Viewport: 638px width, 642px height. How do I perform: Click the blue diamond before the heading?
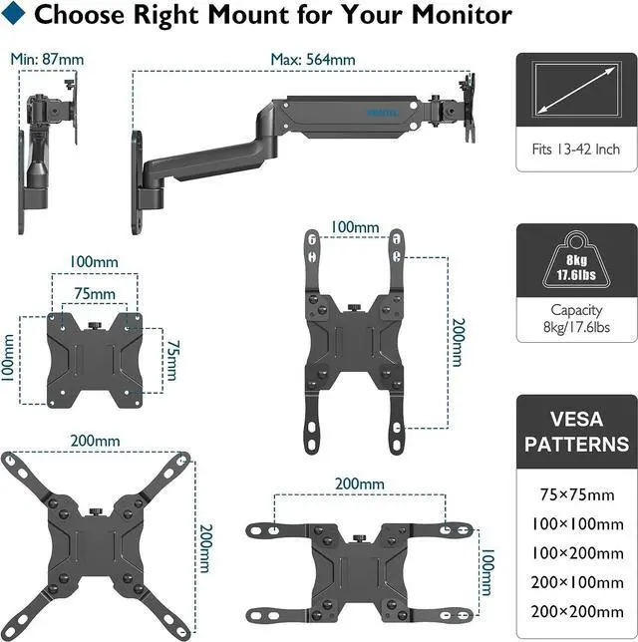pos(16,16)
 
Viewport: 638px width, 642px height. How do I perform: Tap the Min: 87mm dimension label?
pos(47,59)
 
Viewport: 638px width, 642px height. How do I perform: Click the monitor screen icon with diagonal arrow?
pos(576,90)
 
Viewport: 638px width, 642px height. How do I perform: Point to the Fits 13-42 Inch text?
pos(576,149)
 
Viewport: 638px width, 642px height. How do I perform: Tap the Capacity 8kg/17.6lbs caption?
pos(576,318)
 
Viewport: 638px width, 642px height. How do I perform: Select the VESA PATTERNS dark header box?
pos(576,431)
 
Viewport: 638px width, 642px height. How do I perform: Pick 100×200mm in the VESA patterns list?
pos(576,551)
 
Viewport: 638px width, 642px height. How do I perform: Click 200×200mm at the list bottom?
pos(576,610)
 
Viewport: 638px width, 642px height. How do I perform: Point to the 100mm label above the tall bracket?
pos(354,228)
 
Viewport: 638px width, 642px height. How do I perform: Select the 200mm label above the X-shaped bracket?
pos(95,441)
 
